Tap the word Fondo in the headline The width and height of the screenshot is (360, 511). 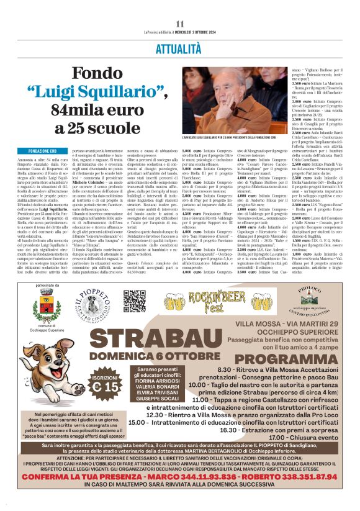pyautogui.click(x=97, y=74)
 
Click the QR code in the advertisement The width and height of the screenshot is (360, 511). pyautogui.click(x=134, y=301)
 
